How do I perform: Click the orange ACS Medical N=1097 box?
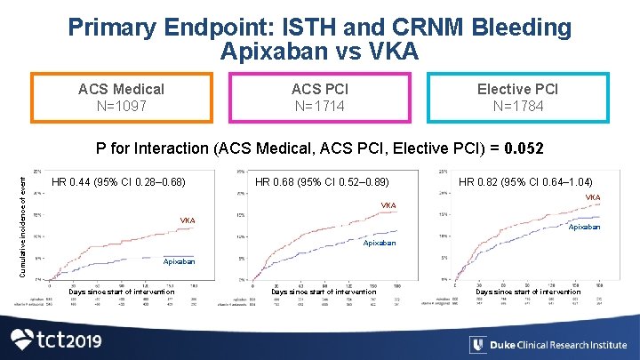[121, 98]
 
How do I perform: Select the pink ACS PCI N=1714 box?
[320, 98]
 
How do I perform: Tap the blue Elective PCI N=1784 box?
[517, 98]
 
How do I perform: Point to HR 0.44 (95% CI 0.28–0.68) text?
[118, 183]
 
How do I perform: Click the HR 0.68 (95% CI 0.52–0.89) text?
[322, 183]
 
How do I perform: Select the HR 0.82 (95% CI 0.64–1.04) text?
[525, 183]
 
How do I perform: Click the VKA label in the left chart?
[188, 220]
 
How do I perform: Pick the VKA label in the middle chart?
[388, 206]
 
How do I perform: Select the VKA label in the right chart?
[592, 197]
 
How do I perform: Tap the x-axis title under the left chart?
[121, 292]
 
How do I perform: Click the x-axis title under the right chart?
[528, 292]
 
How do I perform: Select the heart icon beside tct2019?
[25, 340]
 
